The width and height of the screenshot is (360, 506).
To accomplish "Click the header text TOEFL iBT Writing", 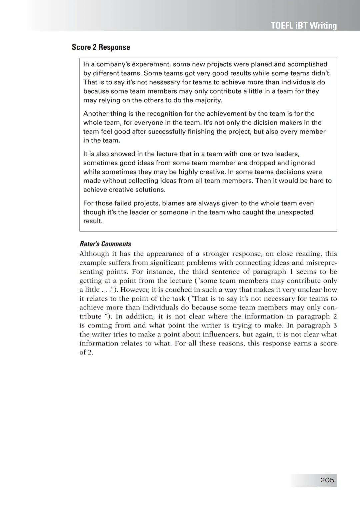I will tap(304, 26).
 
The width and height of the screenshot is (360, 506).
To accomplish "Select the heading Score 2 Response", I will tap(101, 47).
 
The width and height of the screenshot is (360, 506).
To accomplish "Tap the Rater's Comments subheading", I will tap(105, 244).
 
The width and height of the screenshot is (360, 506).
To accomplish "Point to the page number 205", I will tap(327, 480).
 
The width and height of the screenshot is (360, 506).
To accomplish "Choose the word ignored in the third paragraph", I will tap(303, 163).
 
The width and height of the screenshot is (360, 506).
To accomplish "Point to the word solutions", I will tap(150, 190).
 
